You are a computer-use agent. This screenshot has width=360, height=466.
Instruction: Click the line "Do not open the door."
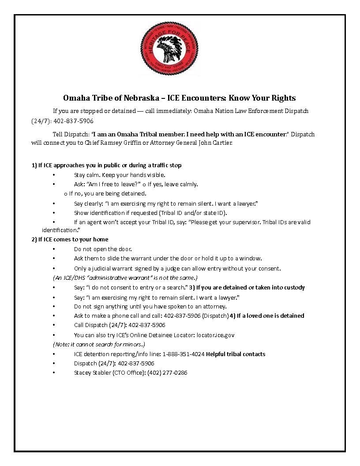click(x=103, y=249)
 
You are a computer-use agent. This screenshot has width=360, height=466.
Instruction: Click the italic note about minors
click(x=99, y=344)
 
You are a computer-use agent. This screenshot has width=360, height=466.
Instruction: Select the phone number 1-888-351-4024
click(x=183, y=354)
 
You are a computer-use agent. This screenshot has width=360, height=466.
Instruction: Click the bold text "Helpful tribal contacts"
click(x=236, y=354)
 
